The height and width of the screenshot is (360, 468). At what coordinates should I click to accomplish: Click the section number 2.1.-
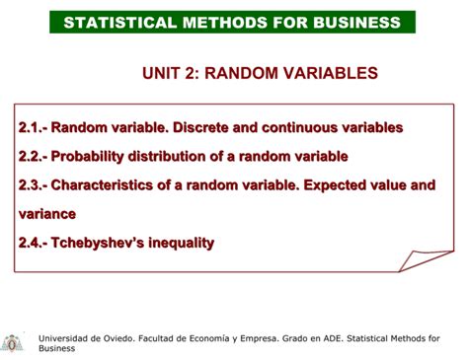(32, 127)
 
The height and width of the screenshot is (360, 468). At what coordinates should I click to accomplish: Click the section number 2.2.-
(32, 156)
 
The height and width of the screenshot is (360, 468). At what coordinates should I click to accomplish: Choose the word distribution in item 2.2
(177, 156)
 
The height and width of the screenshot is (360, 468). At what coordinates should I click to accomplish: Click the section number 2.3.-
(32, 184)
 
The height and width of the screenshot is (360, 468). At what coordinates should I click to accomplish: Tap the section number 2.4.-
(32, 242)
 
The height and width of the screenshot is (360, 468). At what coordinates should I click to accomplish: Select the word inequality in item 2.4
(183, 242)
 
